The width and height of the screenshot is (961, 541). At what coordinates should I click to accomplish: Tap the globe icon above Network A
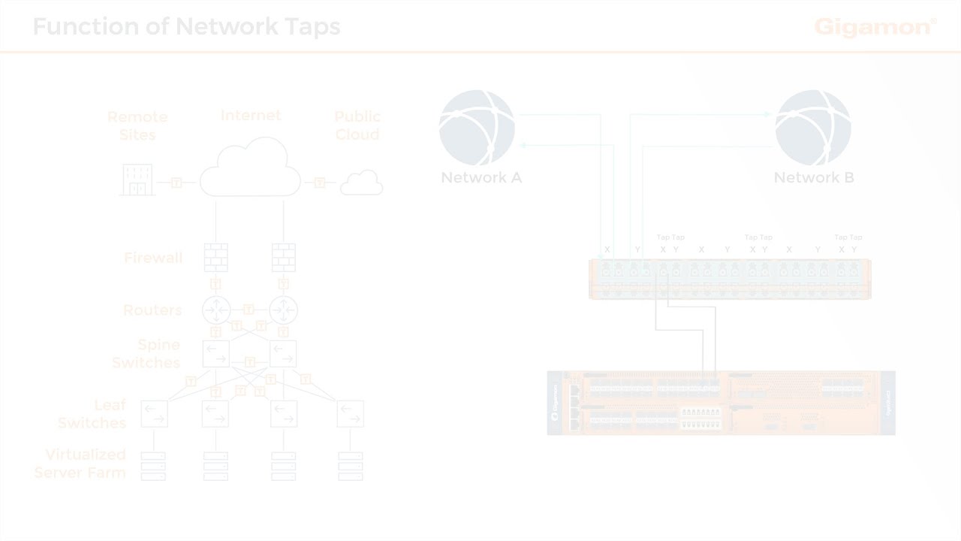(477, 128)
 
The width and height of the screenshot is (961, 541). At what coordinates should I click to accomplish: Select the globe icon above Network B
(813, 128)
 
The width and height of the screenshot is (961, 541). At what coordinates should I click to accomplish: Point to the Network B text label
(814, 178)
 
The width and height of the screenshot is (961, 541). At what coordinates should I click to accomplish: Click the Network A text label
(481, 178)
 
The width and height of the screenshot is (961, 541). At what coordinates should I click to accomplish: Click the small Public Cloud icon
(362, 183)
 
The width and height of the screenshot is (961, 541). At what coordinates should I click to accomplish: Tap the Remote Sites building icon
(137, 180)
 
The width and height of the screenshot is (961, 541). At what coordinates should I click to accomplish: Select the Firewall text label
(153, 258)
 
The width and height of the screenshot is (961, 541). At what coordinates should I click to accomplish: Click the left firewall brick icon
(215, 258)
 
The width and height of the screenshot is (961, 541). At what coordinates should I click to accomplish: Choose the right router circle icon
(283, 310)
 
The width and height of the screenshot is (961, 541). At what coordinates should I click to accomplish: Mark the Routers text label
(152, 310)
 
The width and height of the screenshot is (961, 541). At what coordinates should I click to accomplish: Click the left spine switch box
(216, 353)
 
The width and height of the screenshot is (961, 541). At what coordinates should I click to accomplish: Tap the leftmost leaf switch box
(155, 413)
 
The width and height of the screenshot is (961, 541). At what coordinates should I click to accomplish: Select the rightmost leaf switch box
(351, 413)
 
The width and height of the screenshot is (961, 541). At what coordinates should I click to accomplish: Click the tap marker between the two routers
(249, 310)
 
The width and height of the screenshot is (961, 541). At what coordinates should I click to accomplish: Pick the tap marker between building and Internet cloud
(176, 183)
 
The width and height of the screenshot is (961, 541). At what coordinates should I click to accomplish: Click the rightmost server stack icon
(351, 465)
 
